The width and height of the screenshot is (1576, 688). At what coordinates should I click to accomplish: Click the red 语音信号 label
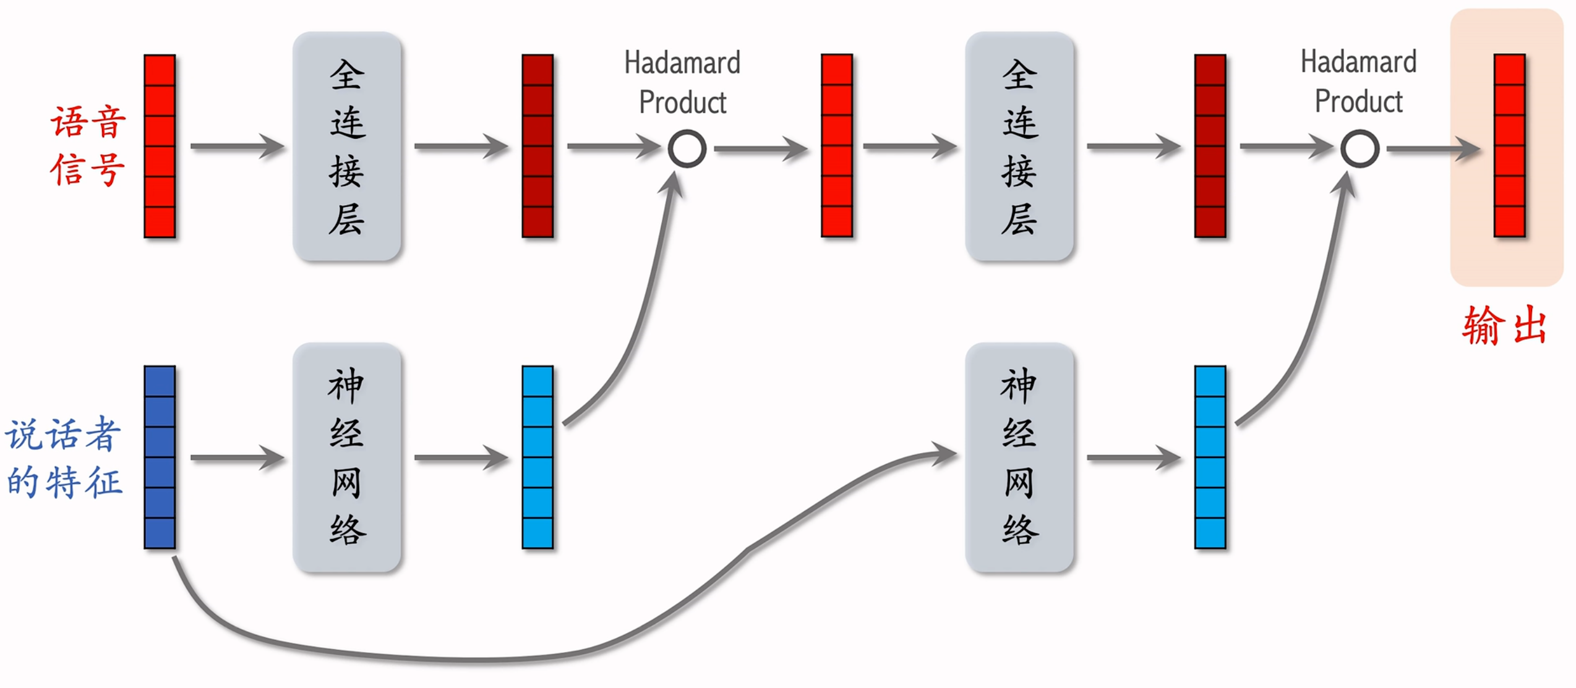coord(88,146)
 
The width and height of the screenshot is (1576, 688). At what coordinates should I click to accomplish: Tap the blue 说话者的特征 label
coord(64,458)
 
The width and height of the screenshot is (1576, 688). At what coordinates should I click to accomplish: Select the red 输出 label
coord(1504,325)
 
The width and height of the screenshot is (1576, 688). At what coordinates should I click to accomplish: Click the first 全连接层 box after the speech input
coord(347,147)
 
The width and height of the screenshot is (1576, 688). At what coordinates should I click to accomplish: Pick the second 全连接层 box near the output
coord(1019,147)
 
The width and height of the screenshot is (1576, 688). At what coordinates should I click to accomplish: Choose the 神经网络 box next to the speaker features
coord(347,457)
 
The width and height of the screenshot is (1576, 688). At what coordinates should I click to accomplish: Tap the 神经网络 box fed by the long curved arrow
coord(1019,457)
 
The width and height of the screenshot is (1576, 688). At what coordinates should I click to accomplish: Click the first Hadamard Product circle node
coord(687,149)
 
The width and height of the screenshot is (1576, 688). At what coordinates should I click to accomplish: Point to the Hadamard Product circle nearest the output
coord(1360,149)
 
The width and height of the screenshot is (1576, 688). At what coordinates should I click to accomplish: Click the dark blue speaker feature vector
coord(160,457)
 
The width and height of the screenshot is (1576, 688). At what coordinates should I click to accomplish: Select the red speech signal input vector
coord(160,146)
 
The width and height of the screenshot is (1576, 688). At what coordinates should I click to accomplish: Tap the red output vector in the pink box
coord(1509,146)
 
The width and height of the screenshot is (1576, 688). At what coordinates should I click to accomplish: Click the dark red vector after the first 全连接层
coord(537,146)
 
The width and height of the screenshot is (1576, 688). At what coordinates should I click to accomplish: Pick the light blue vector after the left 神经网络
coord(537,457)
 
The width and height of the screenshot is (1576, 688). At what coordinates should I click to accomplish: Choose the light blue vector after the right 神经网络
coord(1210,457)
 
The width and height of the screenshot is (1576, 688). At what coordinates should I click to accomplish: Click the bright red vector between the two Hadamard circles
coord(837,146)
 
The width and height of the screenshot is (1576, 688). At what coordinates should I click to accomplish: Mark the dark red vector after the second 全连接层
coord(1210,146)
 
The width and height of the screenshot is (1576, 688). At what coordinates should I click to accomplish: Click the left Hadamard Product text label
coord(682,82)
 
